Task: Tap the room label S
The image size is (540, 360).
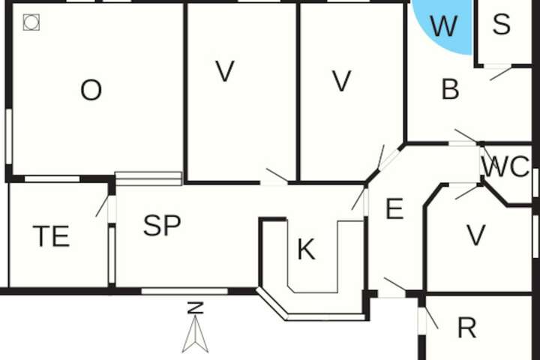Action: coord(502,24)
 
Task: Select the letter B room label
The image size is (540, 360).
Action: coord(450,89)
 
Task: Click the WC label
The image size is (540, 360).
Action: coord(505,166)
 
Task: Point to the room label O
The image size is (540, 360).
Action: coord(91,90)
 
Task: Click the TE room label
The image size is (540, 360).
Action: coord(51,236)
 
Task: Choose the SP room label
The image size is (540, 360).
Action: coord(162,225)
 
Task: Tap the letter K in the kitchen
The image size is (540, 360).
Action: coord(306,250)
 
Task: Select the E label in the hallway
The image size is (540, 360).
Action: coord(394,208)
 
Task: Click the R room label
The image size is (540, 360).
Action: coord(467,328)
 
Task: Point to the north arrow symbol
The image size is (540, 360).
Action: coord(195,334)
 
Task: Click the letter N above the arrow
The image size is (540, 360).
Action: coord(195,307)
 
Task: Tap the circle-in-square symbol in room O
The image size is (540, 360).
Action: coord(31,22)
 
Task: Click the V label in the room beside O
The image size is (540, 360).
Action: coord(225,71)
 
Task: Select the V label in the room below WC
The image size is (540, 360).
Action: coord(476,235)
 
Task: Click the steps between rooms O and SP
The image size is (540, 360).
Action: coord(148,178)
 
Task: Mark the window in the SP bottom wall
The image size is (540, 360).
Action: coord(184,292)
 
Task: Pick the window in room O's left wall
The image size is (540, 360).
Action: coord(9,136)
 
